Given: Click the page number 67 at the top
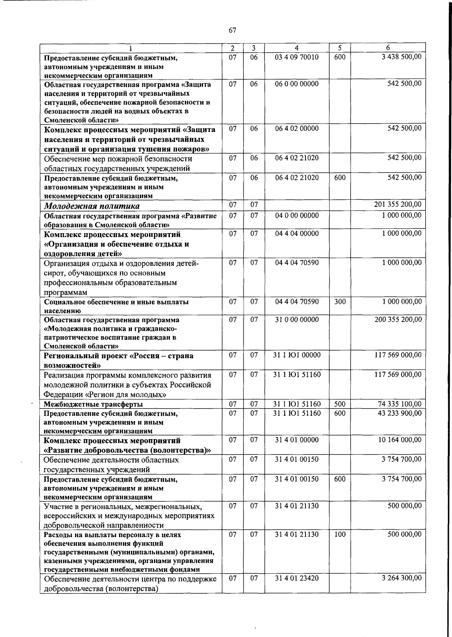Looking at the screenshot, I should pyautogui.click(x=232, y=30).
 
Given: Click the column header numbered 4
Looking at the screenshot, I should pyautogui.click(x=297, y=48).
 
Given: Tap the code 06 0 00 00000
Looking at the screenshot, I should pyautogui.click(x=297, y=84).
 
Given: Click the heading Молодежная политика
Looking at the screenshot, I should pyautogui.click(x=92, y=206).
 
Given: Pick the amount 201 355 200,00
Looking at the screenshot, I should pyautogui.click(x=398, y=204).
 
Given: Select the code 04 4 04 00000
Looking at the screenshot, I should pyautogui.click(x=297, y=233).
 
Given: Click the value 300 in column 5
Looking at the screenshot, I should pyautogui.click(x=340, y=302).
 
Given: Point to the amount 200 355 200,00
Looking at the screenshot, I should pyautogui.click(x=398, y=319).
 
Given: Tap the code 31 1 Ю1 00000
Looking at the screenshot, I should pyautogui.click(x=297, y=355).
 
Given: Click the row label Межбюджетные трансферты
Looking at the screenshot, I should pyautogui.click(x=93, y=404).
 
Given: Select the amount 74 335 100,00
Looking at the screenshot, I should pyautogui.click(x=400, y=404).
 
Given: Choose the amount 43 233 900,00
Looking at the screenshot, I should pyautogui.click(x=400, y=413).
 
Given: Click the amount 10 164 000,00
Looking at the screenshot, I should pyautogui.click(x=400, y=439).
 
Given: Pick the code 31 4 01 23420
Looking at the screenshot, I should pyautogui.click(x=297, y=578).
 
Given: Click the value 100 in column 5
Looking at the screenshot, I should pyautogui.click(x=340, y=534).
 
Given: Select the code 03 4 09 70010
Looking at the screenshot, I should pyautogui.click(x=297, y=57).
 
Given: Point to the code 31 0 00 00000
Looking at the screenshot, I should pyautogui.click(x=297, y=319).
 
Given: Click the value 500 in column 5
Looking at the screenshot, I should pyautogui.click(x=340, y=404).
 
